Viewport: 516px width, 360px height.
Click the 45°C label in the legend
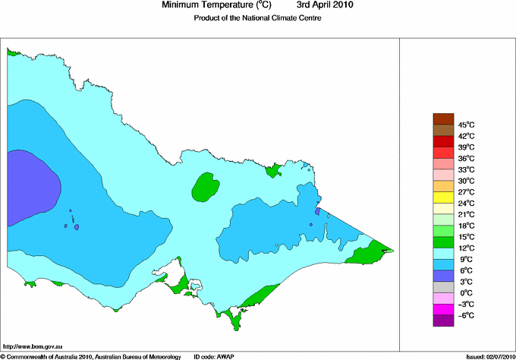[x=466, y=125]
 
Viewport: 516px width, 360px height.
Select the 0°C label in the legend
[x=466, y=293]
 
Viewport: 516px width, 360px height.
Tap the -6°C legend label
[x=466, y=315]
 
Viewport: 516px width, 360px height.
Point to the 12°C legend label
[x=466, y=248]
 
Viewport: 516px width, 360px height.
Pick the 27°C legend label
[x=466, y=192]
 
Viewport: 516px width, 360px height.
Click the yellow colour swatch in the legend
[x=442, y=197]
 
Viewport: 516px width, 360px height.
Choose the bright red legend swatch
[x=442, y=141]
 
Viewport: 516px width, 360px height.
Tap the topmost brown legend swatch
[x=442, y=118]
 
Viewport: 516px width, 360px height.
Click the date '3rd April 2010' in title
[x=324, y=5]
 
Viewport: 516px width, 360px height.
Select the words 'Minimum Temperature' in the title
[x=203, y=5]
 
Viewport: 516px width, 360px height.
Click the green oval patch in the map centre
[x=205, y=187]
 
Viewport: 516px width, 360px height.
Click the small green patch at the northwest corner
[x=13, y=53]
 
